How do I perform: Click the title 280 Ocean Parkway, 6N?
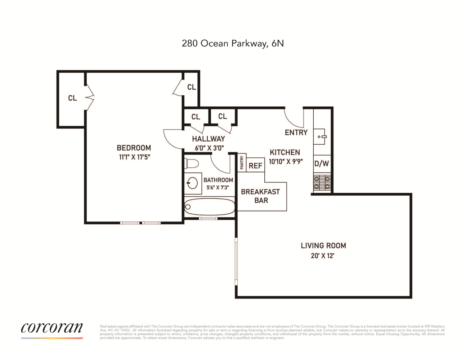click(233, 44)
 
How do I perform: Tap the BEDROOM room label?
click(134, 148)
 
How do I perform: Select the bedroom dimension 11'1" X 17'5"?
click(134, 157)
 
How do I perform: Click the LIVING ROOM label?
click(323, 246)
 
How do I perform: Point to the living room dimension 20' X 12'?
click(323, 256)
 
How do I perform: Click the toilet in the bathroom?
click(192, 164)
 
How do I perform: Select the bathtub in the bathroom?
click(210, 207)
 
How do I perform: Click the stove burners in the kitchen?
click(322, 183)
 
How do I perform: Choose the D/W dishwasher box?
click(322, 164)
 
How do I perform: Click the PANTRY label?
click(242, 163)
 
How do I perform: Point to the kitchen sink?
click(319, 136)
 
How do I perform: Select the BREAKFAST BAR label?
click(261, 196)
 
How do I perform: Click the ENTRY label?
click(296, 132)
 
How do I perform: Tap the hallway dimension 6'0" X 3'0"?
click(209, 148)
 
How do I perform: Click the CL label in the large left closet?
click(72, 98)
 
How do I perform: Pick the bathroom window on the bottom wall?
click(208, 219)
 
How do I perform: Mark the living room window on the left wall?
click(236, 261)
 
